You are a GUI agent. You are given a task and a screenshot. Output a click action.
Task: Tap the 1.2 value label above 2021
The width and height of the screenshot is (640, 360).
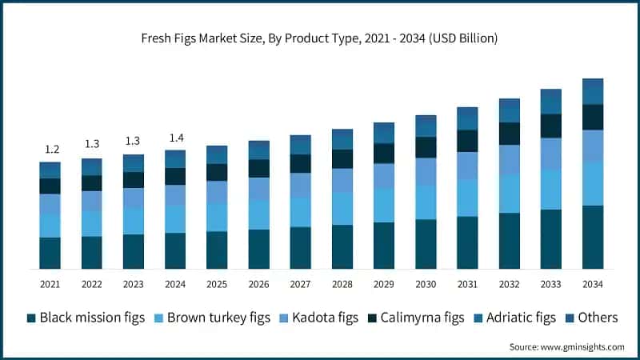click(x=50, y=150)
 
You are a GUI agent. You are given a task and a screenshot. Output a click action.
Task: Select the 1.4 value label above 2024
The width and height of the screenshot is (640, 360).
click(x=175, y=138)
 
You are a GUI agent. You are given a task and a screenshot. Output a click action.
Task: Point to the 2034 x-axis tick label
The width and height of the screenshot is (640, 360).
click(x=592, y=284)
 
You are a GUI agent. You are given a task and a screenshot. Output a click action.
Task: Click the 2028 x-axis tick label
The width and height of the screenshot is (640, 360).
click(x=342, y=284)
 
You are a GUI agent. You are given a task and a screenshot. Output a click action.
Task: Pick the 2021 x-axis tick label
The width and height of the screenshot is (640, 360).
click(x=50, y=284)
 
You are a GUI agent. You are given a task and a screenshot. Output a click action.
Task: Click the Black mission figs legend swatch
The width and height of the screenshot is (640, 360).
click(x=31, y=318)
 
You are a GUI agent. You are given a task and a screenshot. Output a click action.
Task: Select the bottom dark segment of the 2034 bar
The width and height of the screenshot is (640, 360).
click(x=592, y=237)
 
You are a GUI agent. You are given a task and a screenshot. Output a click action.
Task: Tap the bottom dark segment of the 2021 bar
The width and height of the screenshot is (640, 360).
click(x=50, y=253)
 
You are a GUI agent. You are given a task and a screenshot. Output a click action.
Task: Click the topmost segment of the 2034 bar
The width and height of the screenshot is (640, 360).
click(x=592, y=91)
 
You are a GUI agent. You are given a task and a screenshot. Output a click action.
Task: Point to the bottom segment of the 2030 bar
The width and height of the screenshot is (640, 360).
click(x=426, y=244)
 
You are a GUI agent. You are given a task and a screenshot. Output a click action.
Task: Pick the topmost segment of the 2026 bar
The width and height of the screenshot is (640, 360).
click(x=258, y=150)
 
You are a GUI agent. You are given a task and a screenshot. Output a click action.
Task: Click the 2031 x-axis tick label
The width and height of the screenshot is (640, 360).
click(x=467, y=284)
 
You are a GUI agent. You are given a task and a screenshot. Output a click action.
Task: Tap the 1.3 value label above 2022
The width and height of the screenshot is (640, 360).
click(x=92, y=144)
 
